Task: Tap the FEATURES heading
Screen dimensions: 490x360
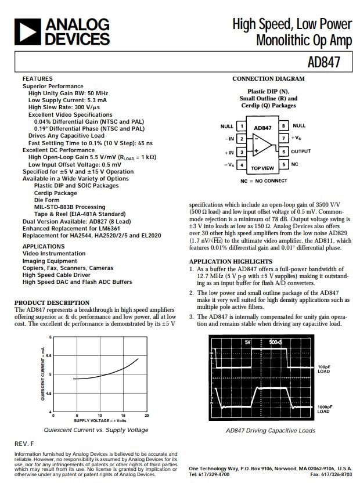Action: coord(37,78)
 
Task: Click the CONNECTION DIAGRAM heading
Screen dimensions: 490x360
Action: coord(268,78)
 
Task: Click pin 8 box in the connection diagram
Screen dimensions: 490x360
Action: coord(283,126)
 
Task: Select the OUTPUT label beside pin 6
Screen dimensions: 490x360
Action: coord(301,152)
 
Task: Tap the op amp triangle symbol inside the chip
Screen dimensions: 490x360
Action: coord(262,145)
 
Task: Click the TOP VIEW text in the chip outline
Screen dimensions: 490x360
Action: coord(262,168)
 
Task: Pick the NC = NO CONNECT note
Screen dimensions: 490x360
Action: coord(264,181)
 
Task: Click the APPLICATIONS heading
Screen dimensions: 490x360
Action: coord(44,246)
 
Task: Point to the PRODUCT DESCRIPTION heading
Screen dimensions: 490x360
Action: coord(52,302)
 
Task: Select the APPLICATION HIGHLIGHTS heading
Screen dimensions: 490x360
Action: coord(231,262)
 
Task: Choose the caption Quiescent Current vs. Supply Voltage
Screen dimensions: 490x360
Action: coord(96,430)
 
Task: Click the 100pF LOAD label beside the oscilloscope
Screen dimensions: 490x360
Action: coord(324,369)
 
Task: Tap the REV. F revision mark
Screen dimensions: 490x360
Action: coord(24,444)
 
